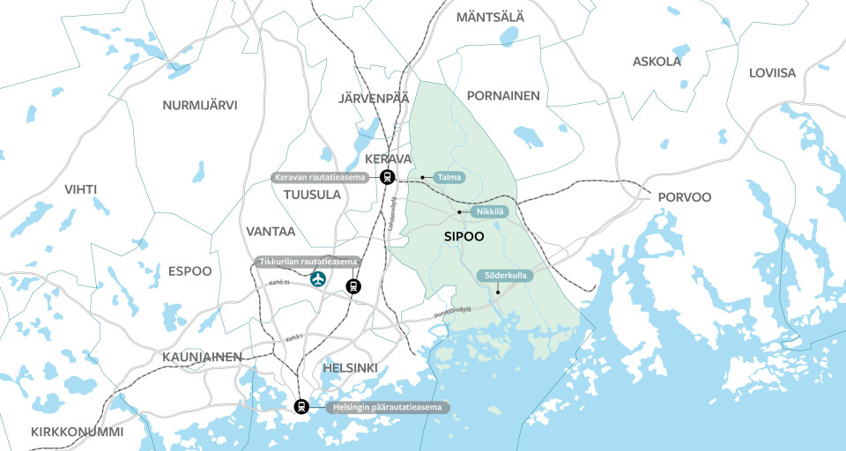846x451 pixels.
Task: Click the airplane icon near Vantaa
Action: pos(317,278)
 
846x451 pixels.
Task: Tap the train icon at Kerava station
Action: pos(387,178)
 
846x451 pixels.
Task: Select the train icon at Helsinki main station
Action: pos(301,407)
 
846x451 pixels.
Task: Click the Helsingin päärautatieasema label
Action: pos(389,408)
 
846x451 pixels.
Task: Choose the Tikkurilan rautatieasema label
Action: pos(308,262)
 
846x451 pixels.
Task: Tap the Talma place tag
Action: pos(442,178)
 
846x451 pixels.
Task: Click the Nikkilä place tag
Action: pos(489,212)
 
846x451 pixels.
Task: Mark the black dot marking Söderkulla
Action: pos(498,292)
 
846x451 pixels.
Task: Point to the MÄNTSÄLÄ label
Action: pos(490,17)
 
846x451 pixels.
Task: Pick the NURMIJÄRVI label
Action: pos(200,106)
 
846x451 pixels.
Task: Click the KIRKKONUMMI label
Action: pos(77,433)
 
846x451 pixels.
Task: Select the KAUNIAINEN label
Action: pos(202,357)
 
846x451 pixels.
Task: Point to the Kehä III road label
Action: pos(283,284)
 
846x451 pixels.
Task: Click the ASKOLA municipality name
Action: pos(657,62)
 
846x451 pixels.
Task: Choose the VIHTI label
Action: pos(80,189)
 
